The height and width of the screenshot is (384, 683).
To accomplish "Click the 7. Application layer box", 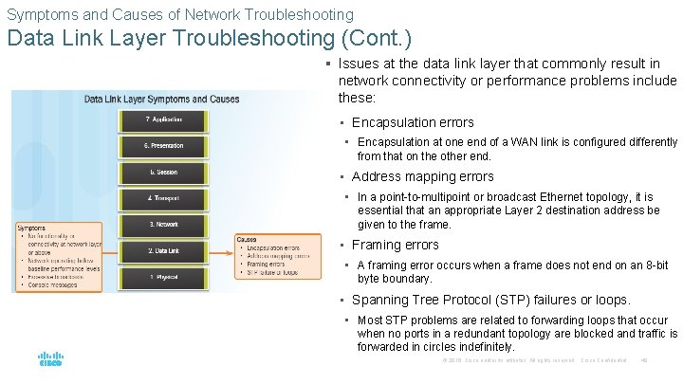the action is click(x=163, y=119).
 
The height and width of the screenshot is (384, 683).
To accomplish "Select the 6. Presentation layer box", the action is click(x=163, y=146).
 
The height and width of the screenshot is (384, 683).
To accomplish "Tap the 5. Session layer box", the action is click(x=163, y=173).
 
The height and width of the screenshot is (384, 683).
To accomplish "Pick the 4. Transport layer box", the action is click(x=163, y=198).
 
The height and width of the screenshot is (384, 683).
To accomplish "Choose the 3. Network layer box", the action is click(x=163, y=225).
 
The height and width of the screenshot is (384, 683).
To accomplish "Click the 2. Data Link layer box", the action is click(x=163, y=251).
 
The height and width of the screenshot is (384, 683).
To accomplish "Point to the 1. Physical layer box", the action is click(x=163, y=277).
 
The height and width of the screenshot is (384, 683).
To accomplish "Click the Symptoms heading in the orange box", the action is click(x=32, y=228).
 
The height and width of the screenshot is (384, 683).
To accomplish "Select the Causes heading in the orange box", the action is click(x=247, y=239).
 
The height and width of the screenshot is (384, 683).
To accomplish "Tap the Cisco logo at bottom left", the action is click(x=50, y=360).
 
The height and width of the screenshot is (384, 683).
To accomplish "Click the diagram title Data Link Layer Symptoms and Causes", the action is click(x=161, y=99).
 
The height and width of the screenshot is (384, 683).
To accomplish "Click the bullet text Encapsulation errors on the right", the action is click(x=413, y=122).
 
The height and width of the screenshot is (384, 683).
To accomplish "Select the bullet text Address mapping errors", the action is click(x=423, y=176).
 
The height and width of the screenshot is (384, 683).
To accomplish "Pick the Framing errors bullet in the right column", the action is click(x=396, y=245).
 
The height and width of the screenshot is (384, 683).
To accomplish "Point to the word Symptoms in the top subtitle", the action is click(x=37, y=14).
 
